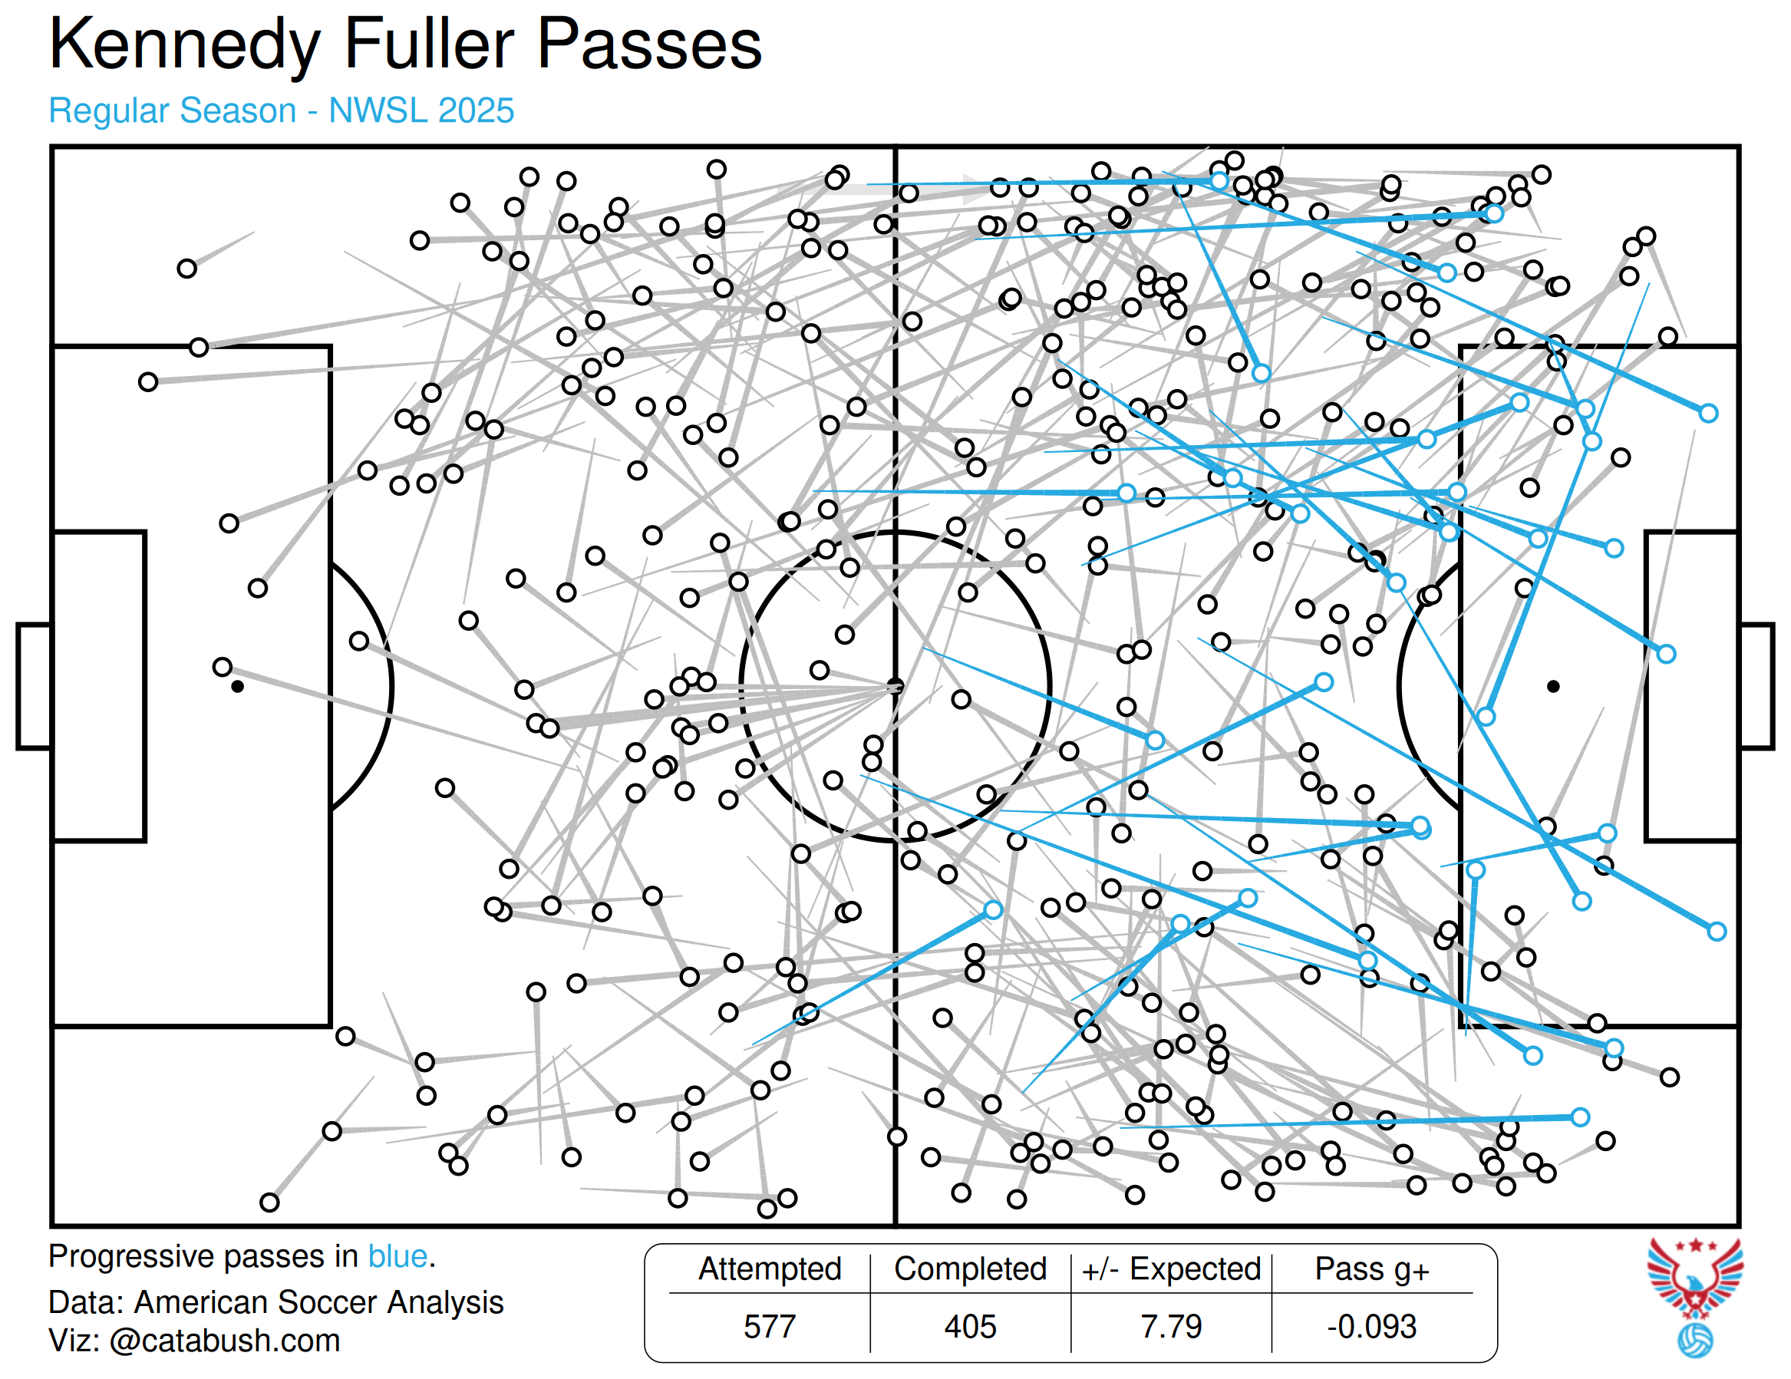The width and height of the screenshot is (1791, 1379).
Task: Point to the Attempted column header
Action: tap(769, 1268)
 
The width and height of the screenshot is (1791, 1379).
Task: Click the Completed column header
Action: tap(970, 1268)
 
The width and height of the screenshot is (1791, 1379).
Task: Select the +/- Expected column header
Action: tap(1171, 1268)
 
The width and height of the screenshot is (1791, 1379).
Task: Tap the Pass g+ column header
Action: tap(1372, 1268)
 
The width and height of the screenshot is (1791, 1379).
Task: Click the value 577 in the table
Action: tap(769, 1326)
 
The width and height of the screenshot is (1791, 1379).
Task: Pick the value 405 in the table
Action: tap(970, 1326)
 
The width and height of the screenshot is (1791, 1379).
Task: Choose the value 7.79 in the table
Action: tap(1171, 1326)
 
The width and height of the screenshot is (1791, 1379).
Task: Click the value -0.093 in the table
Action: tap(1372, 1326)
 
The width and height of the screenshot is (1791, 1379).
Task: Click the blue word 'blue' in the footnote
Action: tap(397, 1256)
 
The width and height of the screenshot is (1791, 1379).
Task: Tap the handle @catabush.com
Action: tap(224, 1341)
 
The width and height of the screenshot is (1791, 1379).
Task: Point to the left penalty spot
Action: tap(237, 686)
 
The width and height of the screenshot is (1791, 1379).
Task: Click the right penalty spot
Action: tap(1553, 686)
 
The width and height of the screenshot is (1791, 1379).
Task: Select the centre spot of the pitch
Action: tap(895, 685)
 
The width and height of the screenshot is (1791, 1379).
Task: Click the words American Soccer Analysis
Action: tap(319, 1302)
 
